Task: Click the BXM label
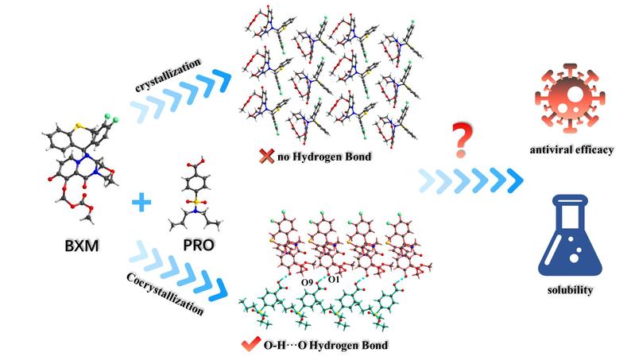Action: [x=82, y=246]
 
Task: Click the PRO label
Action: [x=198, y=245]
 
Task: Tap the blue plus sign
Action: [x=141, y=202]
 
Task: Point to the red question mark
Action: [x=462, y=141]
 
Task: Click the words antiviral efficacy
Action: [x=571, y=150]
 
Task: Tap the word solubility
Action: [x=570, y=290]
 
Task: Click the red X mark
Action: [x=266, y=156]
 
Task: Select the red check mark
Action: [x=250, y=344]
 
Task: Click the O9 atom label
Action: [x=307, y=282]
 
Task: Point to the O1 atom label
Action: [x=333, y=280]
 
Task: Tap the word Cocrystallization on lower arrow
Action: [x=165, y=294]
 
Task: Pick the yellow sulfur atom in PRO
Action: [x=196, y=201]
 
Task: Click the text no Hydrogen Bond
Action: [x=324, y=157]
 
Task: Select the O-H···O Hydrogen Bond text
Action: [x=326, y=345]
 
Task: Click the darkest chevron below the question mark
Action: [x=515, y=180]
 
